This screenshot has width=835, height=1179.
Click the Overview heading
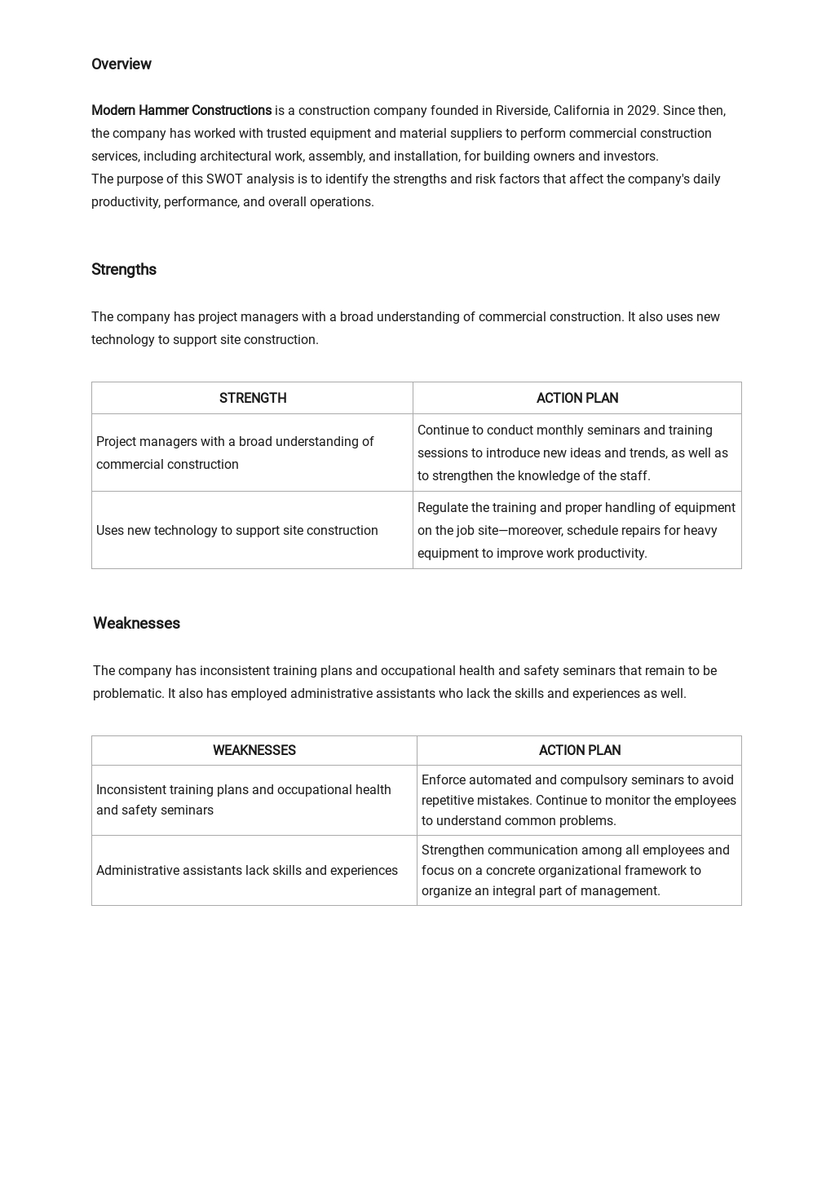121,64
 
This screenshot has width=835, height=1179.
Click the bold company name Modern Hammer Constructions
181,111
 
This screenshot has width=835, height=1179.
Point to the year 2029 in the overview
642,111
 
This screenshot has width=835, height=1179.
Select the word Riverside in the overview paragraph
522,111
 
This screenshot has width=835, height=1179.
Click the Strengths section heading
123,270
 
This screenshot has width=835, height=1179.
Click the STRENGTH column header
253,399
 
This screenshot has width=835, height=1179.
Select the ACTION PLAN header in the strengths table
577,399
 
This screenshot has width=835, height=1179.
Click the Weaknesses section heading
136,624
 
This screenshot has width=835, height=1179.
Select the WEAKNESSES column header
254,751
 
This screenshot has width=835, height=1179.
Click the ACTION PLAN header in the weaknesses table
579,751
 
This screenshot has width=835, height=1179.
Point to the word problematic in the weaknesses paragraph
128,694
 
